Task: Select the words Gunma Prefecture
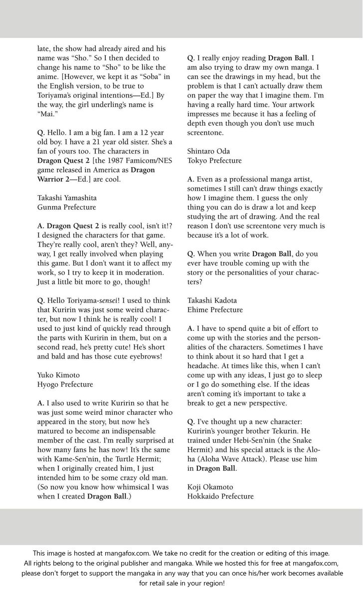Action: (x=66, y=207)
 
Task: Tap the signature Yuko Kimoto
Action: (x=58, y=375)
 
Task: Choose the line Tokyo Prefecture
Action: (x=214, y=161)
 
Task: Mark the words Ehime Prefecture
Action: (x=215, y=309)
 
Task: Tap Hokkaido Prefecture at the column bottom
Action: (x=220, y=496)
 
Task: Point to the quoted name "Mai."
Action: (x=47, y=114)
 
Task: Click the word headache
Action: (x=203, y=366)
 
